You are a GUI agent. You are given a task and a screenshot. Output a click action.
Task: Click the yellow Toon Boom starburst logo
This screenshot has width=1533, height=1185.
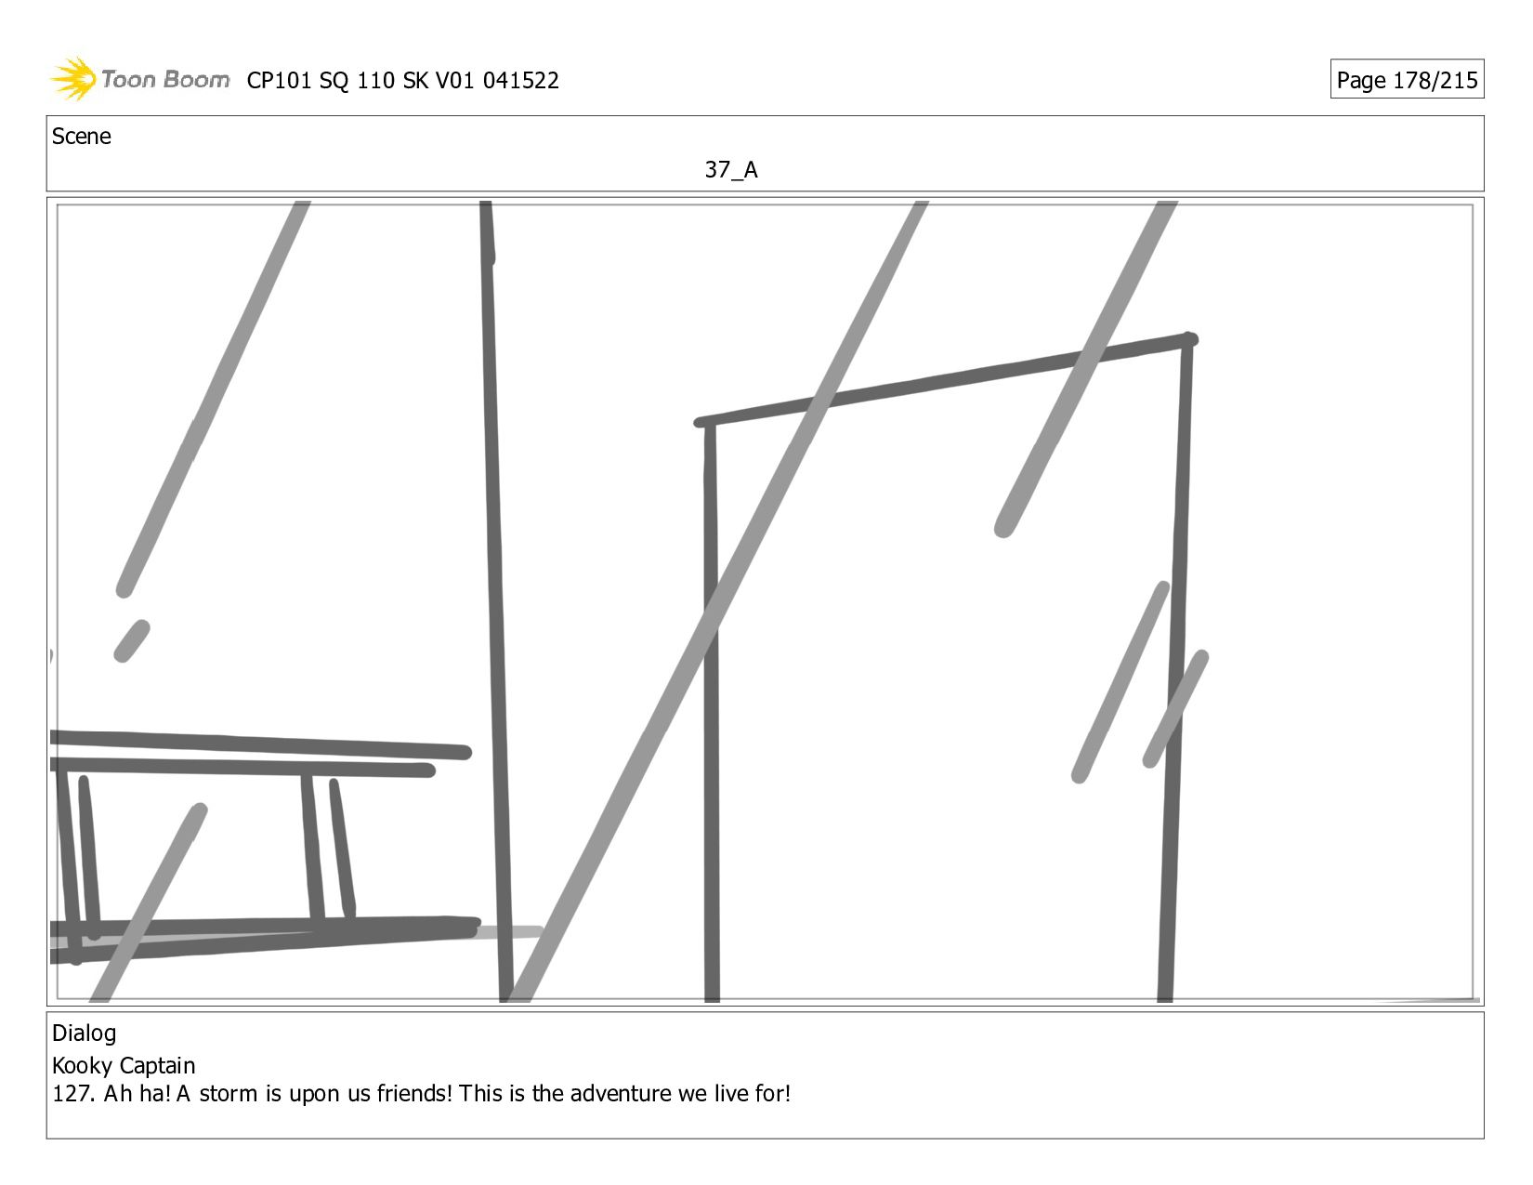coord(73,78)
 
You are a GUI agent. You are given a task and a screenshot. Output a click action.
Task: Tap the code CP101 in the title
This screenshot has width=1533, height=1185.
coord(279,81)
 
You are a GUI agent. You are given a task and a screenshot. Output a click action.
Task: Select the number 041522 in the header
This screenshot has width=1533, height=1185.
coord(520,81)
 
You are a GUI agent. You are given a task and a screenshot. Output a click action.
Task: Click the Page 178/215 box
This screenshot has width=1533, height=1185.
coord(1407,79)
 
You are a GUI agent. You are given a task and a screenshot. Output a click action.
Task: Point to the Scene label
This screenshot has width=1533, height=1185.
coord(81,137)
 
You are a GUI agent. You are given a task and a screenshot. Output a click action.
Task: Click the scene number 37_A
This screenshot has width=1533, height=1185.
coord(731,169)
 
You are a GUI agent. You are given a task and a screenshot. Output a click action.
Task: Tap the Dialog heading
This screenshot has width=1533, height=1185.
coord(84,1034)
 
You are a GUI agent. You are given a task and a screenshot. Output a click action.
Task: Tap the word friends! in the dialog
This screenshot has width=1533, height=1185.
coord(414,1093)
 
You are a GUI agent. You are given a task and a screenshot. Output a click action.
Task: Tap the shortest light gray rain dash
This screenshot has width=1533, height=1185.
coord(132,641)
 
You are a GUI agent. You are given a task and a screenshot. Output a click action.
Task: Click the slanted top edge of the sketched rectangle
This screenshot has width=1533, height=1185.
coord(947,381)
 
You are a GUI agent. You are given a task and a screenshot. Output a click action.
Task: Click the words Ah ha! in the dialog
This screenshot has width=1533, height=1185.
coord(137,1093)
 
